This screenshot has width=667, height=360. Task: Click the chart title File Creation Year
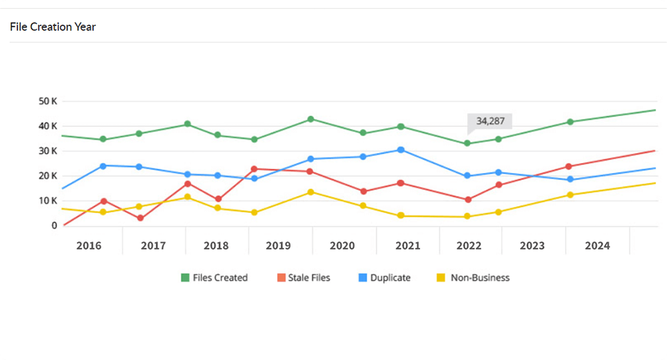click(53, 27)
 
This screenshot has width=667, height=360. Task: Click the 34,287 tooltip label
click(491, 121)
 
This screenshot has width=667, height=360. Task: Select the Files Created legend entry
click(214, 277)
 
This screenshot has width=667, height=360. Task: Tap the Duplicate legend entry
click(384, 277)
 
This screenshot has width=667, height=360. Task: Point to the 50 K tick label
click(48, 102)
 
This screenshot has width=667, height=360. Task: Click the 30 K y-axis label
click(48, 151)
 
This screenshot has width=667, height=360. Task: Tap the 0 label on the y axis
click(54, 226)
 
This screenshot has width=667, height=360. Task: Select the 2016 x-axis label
click(89, 246)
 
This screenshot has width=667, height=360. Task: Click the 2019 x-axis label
click(278, 246)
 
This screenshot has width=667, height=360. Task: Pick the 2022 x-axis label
click(469, 246)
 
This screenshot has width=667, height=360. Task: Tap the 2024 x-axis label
click(597, 246)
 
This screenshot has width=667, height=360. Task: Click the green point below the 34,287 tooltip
click(467, 144)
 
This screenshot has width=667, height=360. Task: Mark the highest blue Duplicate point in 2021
click(401, 150)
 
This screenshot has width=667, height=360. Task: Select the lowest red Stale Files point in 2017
click(140, 218)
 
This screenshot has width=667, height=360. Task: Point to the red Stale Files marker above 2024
click(569, 166)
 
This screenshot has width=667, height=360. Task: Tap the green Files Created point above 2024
click(570, 122)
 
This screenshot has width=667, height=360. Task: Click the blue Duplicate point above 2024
click(570, 180)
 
